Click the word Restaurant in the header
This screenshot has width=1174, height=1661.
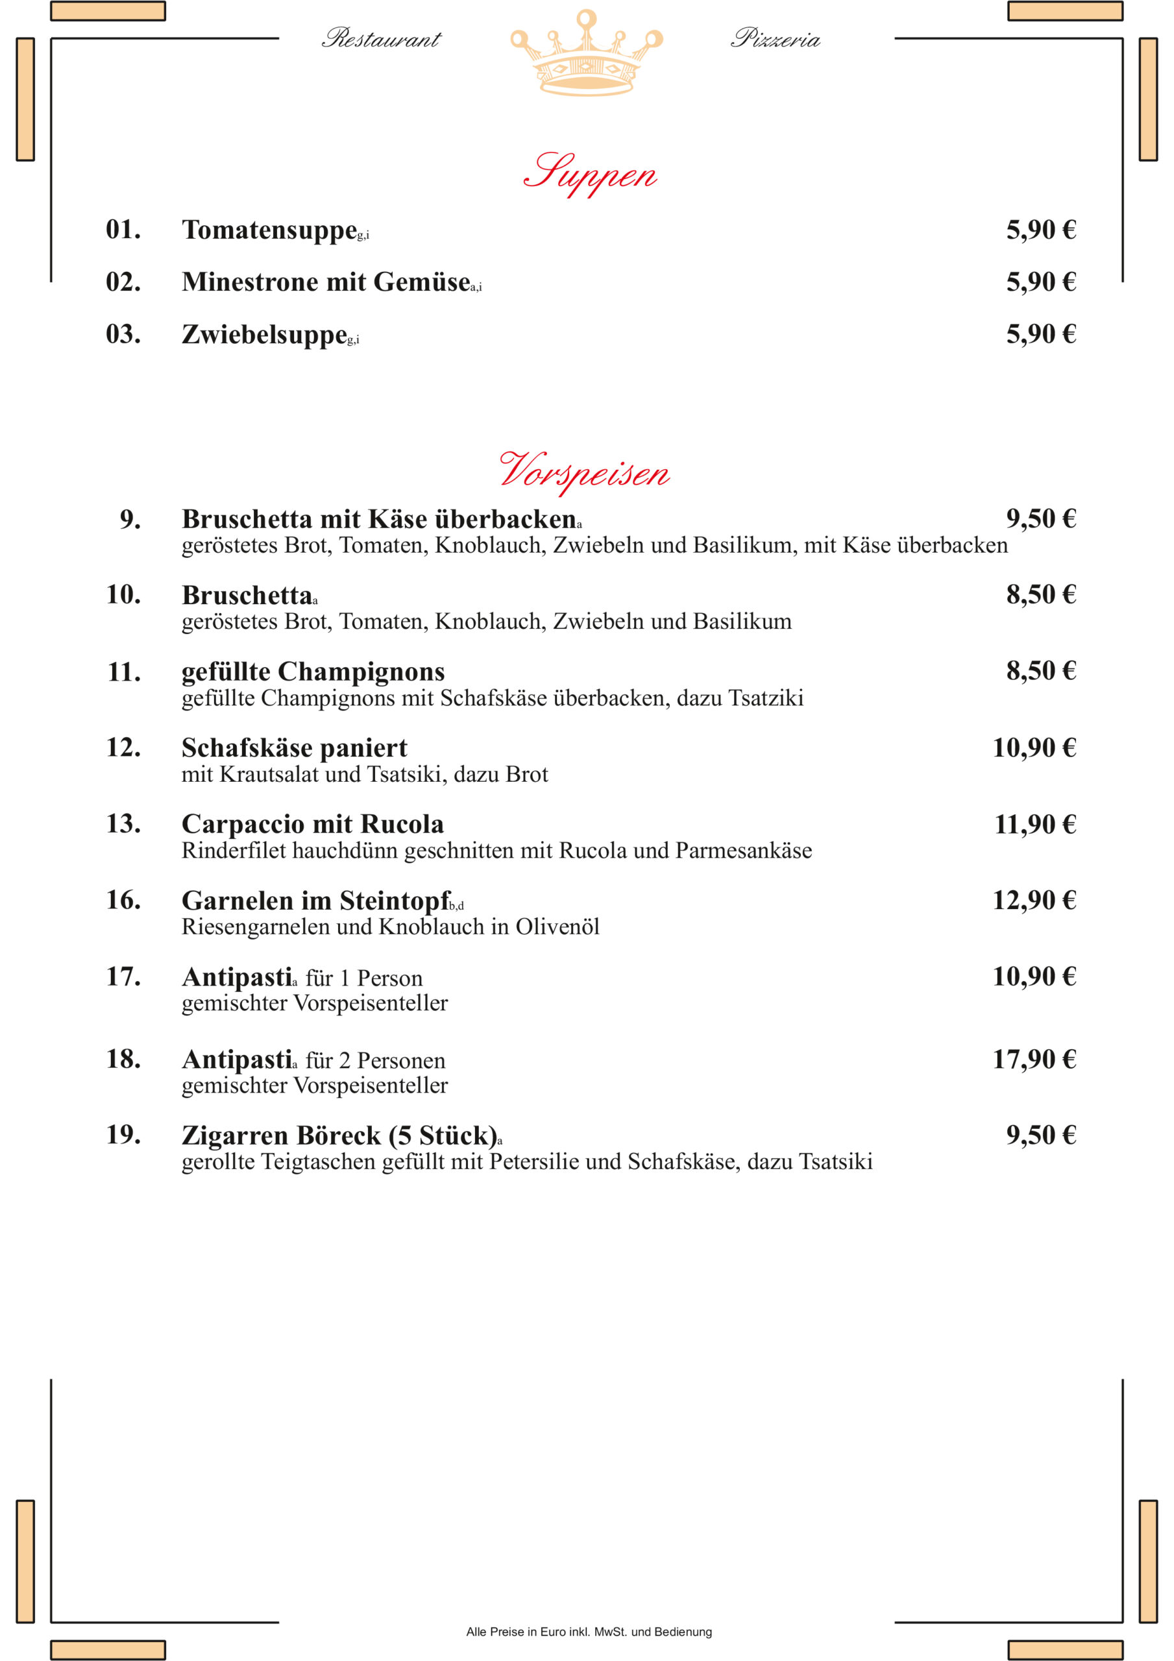382,38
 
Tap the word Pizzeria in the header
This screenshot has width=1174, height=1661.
775,38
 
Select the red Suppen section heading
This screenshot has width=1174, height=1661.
590,174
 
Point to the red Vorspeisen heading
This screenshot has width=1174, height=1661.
584,472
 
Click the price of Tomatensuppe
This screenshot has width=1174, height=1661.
1040,230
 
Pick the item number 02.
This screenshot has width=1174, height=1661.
123,282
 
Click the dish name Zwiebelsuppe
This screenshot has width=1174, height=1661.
264,334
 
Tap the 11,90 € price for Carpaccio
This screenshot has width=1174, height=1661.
1034,824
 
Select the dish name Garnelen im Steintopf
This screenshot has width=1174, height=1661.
315,901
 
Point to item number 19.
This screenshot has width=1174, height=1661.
123,1134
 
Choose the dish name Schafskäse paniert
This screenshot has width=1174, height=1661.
294,747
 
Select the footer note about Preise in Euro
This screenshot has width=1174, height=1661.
589,1631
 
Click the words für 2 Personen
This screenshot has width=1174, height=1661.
375,1061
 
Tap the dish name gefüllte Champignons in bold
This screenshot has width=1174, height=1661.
313,672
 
